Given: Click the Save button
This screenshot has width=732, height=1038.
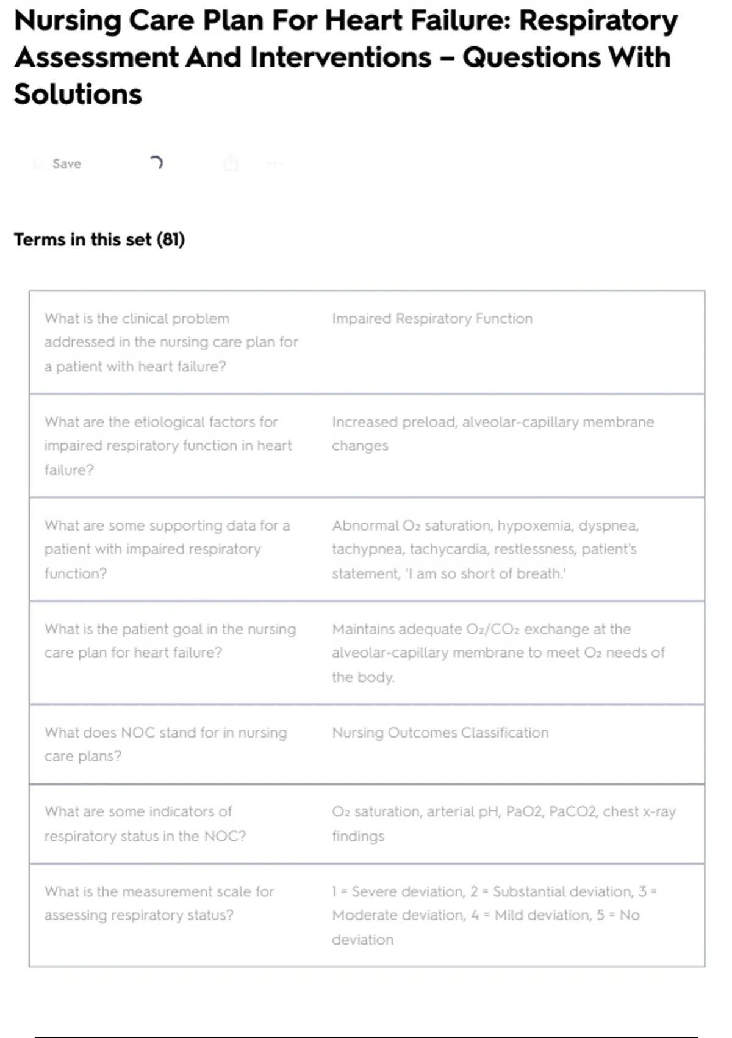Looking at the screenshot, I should (66, 164).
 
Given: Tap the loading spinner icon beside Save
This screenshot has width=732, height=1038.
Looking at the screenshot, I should (156, 162).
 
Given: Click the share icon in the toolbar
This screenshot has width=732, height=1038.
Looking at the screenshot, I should (231, 163).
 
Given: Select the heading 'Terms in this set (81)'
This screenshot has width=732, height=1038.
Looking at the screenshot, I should (99, 239).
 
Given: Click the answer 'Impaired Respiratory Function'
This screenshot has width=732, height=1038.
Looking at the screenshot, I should (432, 319).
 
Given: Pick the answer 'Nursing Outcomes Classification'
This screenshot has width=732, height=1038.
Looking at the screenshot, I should (440, 733).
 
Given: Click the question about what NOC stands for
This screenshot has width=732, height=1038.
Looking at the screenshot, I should (165, 744).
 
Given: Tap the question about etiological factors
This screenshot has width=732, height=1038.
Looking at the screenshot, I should (168, 446).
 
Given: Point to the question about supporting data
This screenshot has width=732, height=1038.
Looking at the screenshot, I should (167, 549).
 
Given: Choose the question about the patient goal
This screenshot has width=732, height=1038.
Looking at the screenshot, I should (170, 641).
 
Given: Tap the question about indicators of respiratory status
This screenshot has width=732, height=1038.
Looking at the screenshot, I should (145, 824).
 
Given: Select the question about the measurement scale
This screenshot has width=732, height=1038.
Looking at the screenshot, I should (159, 903).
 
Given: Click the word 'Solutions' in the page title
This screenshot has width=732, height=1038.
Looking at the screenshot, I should (78, 95).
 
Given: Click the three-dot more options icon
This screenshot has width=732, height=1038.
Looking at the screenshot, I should (275, 163).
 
